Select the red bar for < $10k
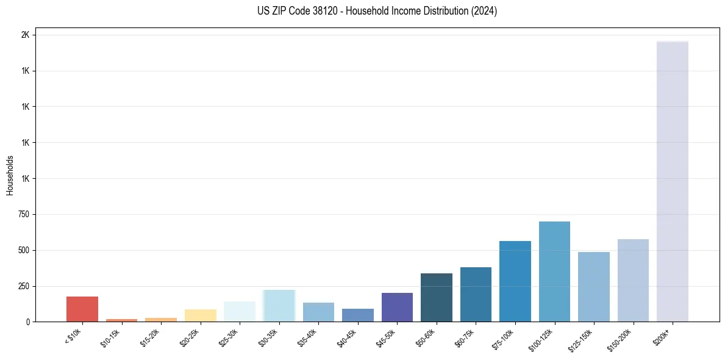tap(82, 309)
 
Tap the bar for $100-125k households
tap(554, 272)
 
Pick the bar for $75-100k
tap(515, 281)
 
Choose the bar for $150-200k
tap(633, 280)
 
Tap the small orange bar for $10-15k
tap(121, 320)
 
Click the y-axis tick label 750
tap(23, 214)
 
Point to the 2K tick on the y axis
tap(25, 35)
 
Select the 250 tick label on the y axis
tap(23, 286)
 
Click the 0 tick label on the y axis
tap(28, 322)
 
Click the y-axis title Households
tap(10, 175)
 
